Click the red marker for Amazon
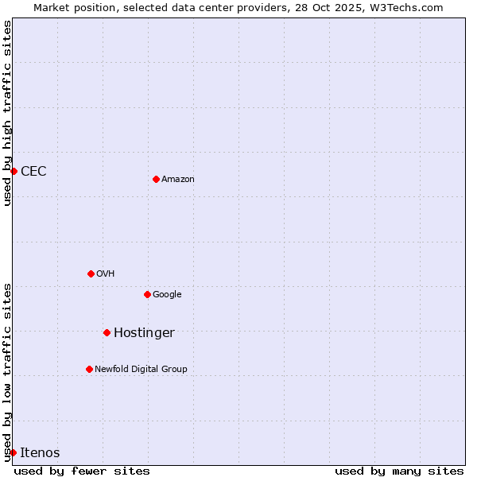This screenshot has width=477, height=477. [x=156, y=179]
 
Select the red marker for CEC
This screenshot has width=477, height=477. [x=14, y=171]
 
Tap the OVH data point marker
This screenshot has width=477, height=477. [x=91, y=273]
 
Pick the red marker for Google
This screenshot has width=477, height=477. [x=147, y=294]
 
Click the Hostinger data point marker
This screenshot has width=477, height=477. [x=107, y=332]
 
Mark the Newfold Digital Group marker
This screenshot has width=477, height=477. [x=89, y=369]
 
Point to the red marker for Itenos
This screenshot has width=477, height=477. [x=14, y=452]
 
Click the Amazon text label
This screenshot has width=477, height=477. [x=178, y=180]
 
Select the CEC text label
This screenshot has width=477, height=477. [x=33, y=172]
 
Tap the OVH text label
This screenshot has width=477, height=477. [x=106, y=274]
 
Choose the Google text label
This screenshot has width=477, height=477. [x=167, y=295]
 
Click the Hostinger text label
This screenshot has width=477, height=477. [x=144, y=333]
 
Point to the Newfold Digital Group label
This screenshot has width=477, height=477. [x=141, y=370]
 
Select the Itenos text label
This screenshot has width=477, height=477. [x=40, y=453]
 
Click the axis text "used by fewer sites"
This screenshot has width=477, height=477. [x=82, y=471]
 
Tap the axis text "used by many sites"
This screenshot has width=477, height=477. [x=399, y=471]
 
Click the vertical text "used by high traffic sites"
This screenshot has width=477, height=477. [x=8, y=113]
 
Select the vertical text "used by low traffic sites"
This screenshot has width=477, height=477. [x=8, y=371]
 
